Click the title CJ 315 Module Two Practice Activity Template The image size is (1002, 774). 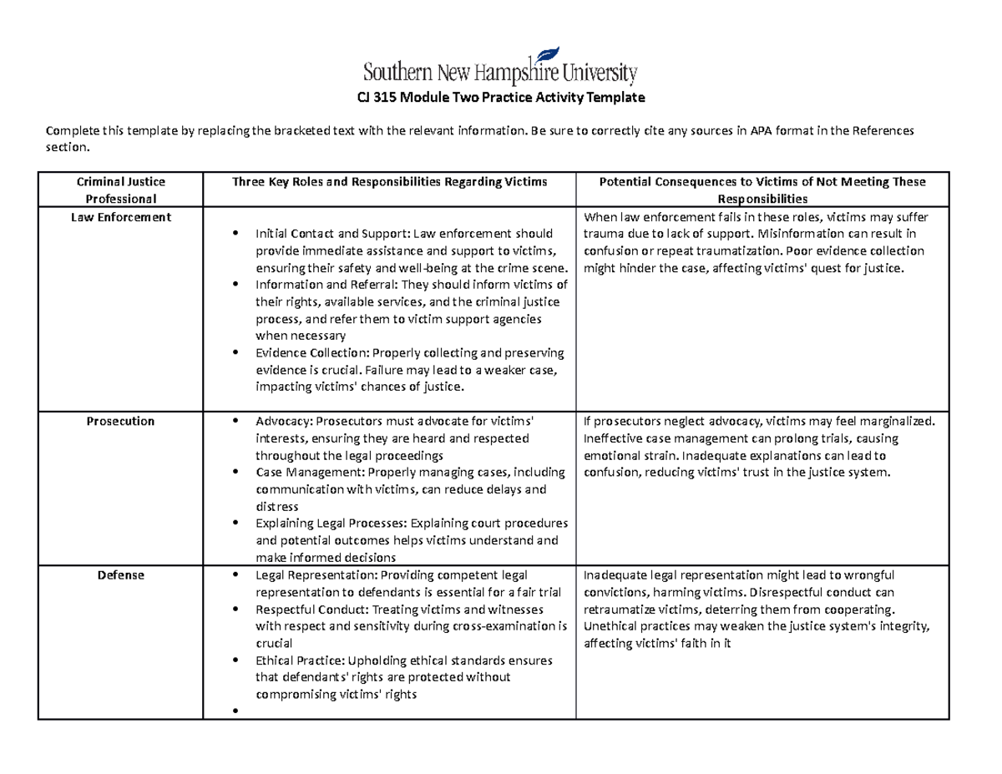tap(500, 99)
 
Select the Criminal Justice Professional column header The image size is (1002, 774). tap(121, 190)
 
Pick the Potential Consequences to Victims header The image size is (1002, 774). tap(763, 190)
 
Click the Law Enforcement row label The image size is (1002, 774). tap(121, 217)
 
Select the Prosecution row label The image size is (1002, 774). tap(121, 422)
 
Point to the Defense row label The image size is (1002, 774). tap(121, 575)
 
